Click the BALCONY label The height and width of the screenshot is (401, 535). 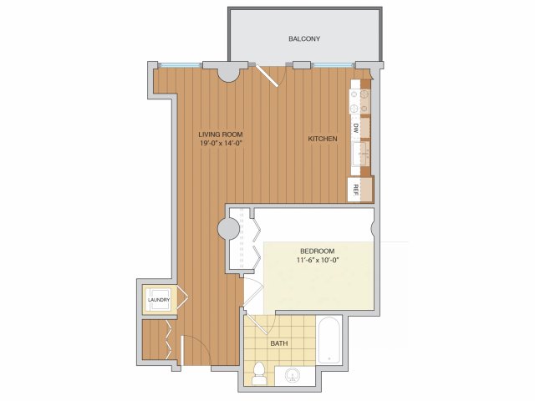click(304, 39)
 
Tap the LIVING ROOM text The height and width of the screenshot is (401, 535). click(221, 135)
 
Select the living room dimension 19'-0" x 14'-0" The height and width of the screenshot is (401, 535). click(221, 143)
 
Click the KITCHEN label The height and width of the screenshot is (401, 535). click(323, 139)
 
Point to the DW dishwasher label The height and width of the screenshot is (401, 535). click(355, 128)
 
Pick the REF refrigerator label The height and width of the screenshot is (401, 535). click(355, 190)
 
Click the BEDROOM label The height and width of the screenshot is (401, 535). click(318, 251)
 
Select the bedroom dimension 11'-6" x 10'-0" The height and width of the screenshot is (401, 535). click(318, 260)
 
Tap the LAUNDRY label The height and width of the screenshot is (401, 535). click(159, 300)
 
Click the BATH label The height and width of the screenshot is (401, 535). click(278, 343)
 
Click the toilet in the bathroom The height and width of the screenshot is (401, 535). click(259, 373)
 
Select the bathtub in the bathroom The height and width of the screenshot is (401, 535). click(329, 340)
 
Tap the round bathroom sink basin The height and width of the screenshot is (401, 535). click(293, 376)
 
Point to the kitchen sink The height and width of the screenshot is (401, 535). click(359, 154)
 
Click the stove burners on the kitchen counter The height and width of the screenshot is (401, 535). click(359, 101)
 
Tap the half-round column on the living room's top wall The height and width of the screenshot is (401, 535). click(228, 74)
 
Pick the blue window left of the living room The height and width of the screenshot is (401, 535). click(181, 64)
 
